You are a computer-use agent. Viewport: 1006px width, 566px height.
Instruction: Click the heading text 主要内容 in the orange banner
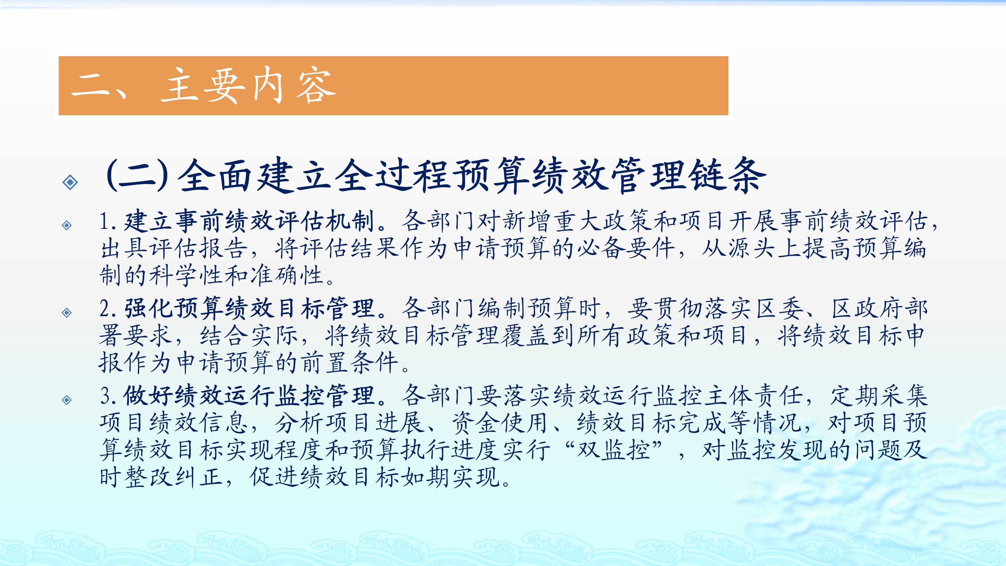click(x=248, y=86)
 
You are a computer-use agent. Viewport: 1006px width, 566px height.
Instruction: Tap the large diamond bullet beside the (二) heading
click(x=70, y=182)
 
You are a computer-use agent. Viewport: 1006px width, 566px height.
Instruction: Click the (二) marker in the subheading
click(x=138, y=175)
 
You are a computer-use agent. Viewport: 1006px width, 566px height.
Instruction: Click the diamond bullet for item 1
click(x=67, y=225)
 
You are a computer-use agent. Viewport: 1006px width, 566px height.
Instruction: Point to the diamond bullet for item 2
click(x=67, y=312)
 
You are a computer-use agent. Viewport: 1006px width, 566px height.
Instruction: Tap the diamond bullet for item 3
click(x=67, y=400)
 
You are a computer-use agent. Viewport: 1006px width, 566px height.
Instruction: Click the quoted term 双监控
click(x=614, y=450)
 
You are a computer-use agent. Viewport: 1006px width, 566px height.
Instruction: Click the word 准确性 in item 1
click(x=287, y=275)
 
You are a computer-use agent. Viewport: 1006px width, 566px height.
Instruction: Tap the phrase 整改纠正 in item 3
click(x=174, y=477)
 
